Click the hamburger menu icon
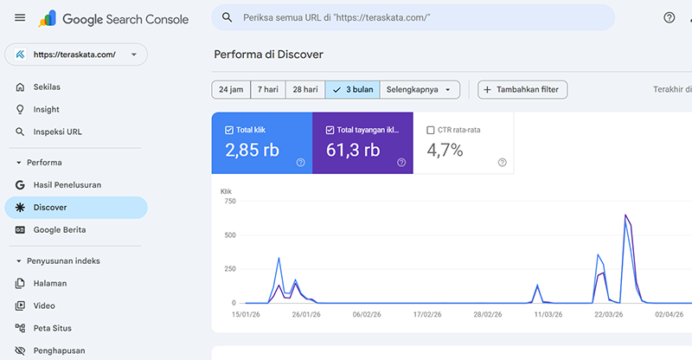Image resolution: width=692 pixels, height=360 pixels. tap(20, 17)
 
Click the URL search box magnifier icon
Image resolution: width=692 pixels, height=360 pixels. tap(227, 17)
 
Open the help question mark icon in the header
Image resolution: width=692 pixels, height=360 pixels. tap(669, 17)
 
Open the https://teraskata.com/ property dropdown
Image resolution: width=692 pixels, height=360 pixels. tap(76, 55)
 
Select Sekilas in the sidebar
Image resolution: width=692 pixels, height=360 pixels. tap(47, 87)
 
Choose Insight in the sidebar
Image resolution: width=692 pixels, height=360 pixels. tap(46, 110)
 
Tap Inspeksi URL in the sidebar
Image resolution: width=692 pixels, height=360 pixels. tap(57, 132)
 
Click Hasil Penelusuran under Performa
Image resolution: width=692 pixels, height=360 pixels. tap(67, 185)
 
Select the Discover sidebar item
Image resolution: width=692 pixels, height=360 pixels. tap(50, 208)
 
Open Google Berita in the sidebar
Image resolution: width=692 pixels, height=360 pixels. tap(59, 230)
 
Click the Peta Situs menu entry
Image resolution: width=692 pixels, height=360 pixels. tap(52, 328)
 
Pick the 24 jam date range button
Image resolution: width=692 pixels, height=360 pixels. tap(231, 89)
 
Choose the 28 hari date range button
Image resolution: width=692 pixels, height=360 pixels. tap(304, 89)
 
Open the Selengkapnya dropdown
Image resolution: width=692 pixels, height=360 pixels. tap(419, 89)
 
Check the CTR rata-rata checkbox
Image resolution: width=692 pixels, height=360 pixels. tap(431, 131)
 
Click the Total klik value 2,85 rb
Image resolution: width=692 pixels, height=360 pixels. tap(252, 150)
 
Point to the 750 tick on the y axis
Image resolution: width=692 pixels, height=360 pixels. tap(228, 201)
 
